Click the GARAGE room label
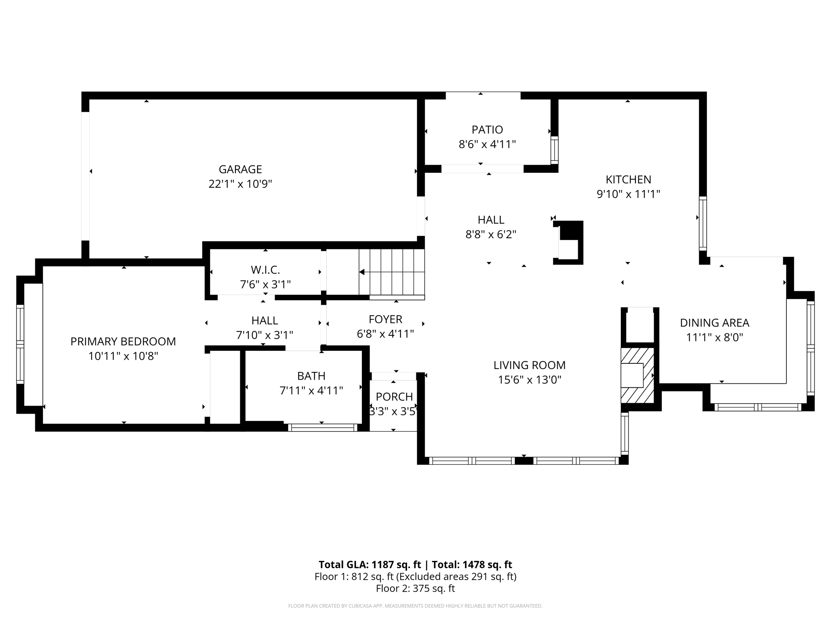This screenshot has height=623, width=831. coord(240,169)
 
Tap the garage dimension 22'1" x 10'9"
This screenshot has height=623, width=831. coord(240,184)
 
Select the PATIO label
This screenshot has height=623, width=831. coord(487,130)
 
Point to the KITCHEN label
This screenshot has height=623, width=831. coord(628,179)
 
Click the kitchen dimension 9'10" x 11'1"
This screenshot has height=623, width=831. coord(628,194)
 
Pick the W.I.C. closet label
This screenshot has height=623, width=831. coord(265,270)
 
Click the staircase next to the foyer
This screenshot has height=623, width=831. coord(392,272)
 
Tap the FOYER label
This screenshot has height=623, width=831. coord(385,319)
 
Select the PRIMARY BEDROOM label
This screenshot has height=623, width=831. coord(123,342)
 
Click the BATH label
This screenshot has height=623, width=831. coord(311,376)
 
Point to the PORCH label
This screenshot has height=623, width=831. coord(394,397)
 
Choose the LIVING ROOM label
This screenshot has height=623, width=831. coord(530,365)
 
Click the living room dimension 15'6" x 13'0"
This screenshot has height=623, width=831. coord(530,380)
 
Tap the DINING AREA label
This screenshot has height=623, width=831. coord(715,323)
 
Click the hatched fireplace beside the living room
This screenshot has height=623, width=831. coord(637,375)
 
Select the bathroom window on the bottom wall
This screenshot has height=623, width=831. coord(323,428)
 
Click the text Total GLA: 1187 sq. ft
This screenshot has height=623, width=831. coord(370,565)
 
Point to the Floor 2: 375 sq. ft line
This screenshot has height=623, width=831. coord(415,589)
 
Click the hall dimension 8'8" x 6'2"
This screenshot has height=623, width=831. coord(491,234)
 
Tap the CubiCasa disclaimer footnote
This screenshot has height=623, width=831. coord(415,606)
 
